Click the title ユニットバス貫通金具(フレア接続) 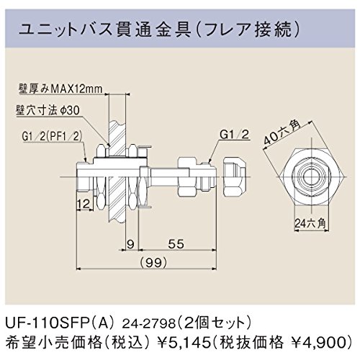coord(159,30)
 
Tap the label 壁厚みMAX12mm coord(60,89)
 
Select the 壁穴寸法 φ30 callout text coord(48,110)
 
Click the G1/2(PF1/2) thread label coord(52,137)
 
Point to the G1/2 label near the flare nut coord(235,135)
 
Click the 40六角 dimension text coord(282,133)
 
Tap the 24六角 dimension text coord(310,224)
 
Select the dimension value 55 coord(176,244)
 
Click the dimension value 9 coord(130,244)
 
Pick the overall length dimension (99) coord(153,263)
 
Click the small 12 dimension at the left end coord(84,204)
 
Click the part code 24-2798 coord(149,325)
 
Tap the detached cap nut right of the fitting coord(235,177)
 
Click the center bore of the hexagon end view coord(312,177)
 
